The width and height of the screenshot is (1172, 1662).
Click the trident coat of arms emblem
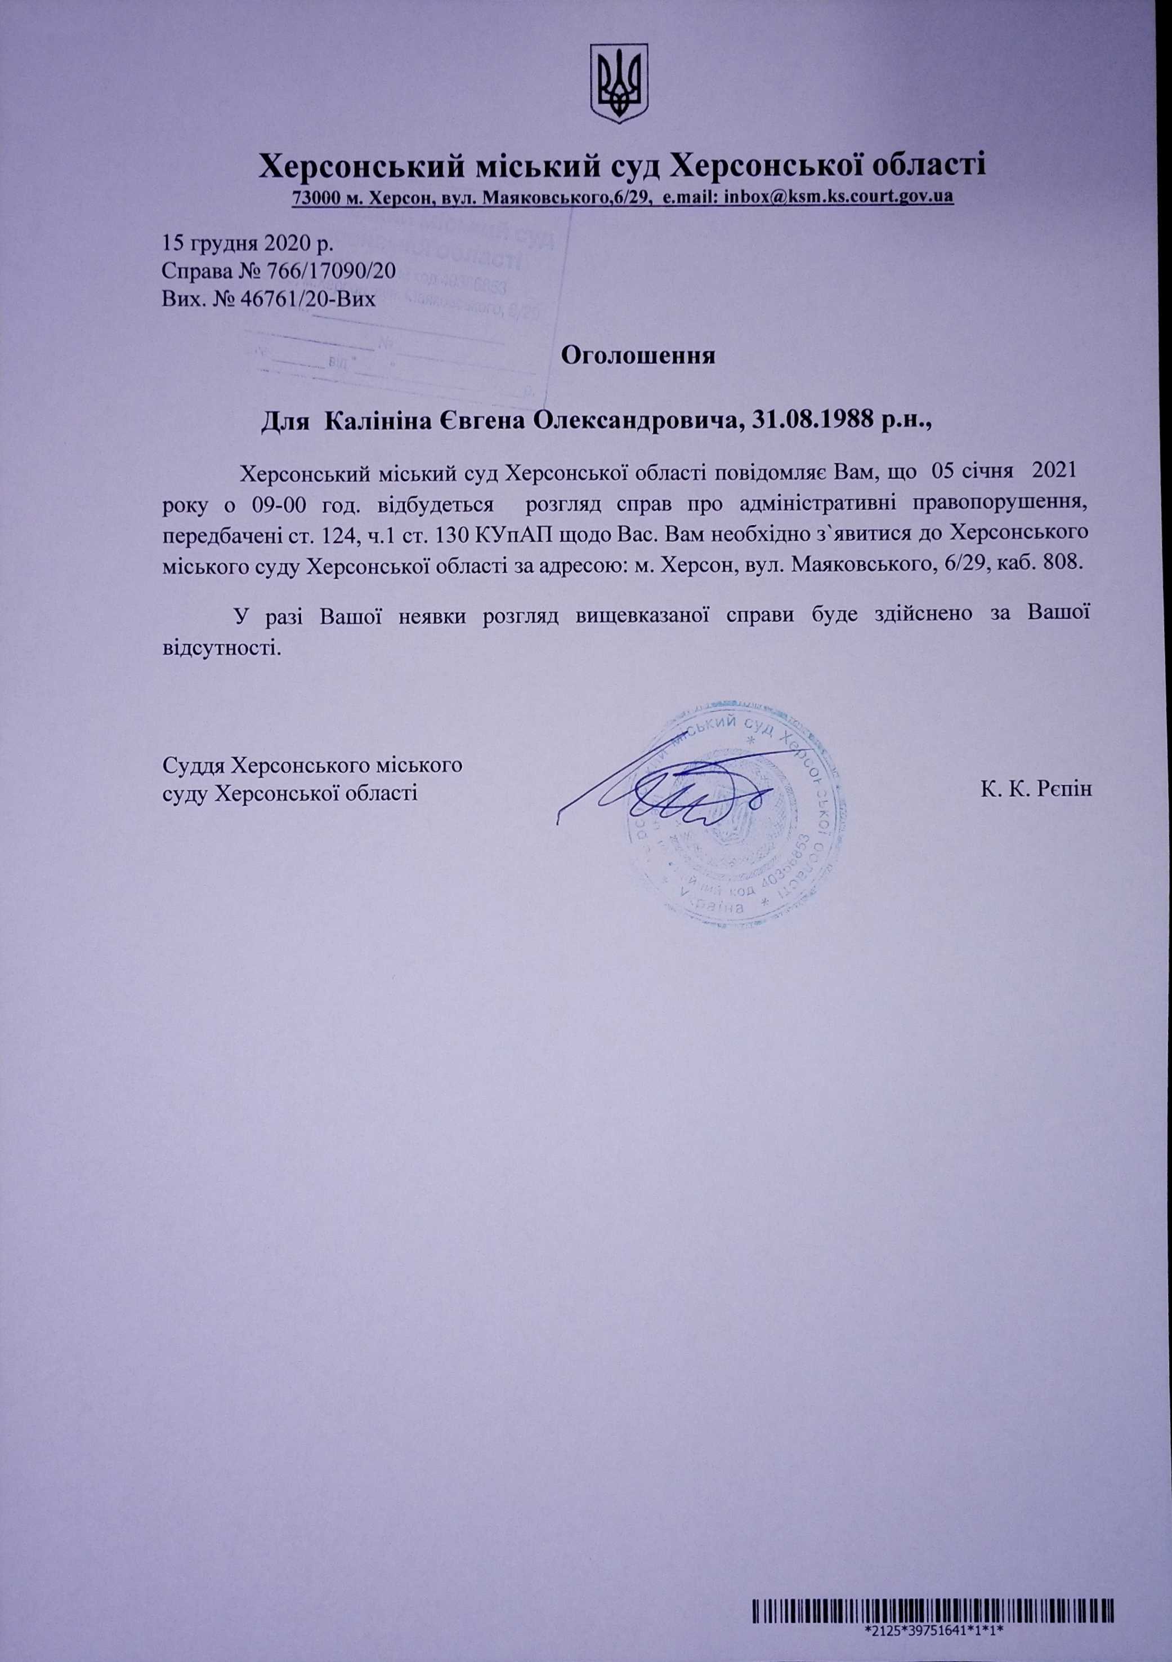(619, 83)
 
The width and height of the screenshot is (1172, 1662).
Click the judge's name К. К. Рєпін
(1036, 788)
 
